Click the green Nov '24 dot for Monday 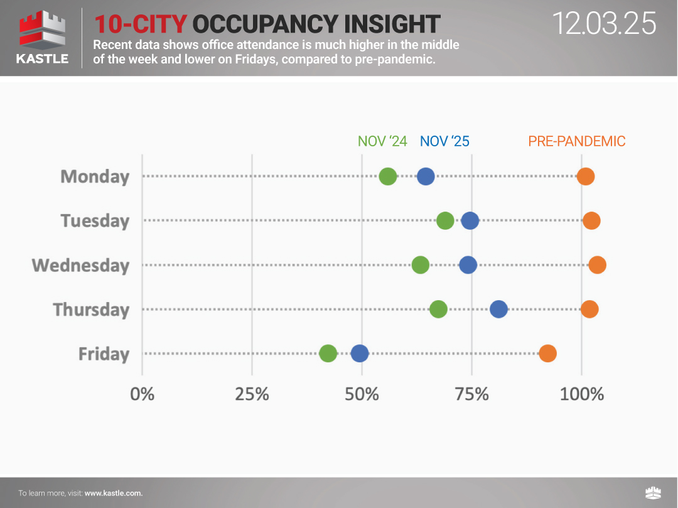pyautogui.click(x=388, y=176)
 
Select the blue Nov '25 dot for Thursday pyautogui.click(x=498, y=309)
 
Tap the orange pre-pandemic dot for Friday pyautogui.click(x=547, y=354)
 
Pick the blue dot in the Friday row pyautogui.click(x=359, y=354)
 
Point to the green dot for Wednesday pyautogui.click(x=420, y=265)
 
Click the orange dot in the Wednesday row pyautogui.click(x=597, y=265)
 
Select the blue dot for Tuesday pyautogui.click(x=470, y=221)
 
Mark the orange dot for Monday pyautogui.click(x=585, y=176)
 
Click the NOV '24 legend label pyautogui.click(x=382, y=141)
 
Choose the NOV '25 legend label pyautogui.click(x=444, y=141)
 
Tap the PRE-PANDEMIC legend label pyautogui.click(x=576, y=141)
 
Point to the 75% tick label pyautogui.click(x=471, y=394)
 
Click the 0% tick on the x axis pyautogui.click(x=143, y=394)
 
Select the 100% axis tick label pyautogui.click(x=581, y=394)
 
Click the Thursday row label pyautogui.click(x=91, y=310)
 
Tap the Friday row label pyautogui.click(x=104, y=354)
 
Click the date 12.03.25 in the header pyautogui.click(x=604, y=23)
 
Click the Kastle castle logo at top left pyautogui.click(x=43, y=31)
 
